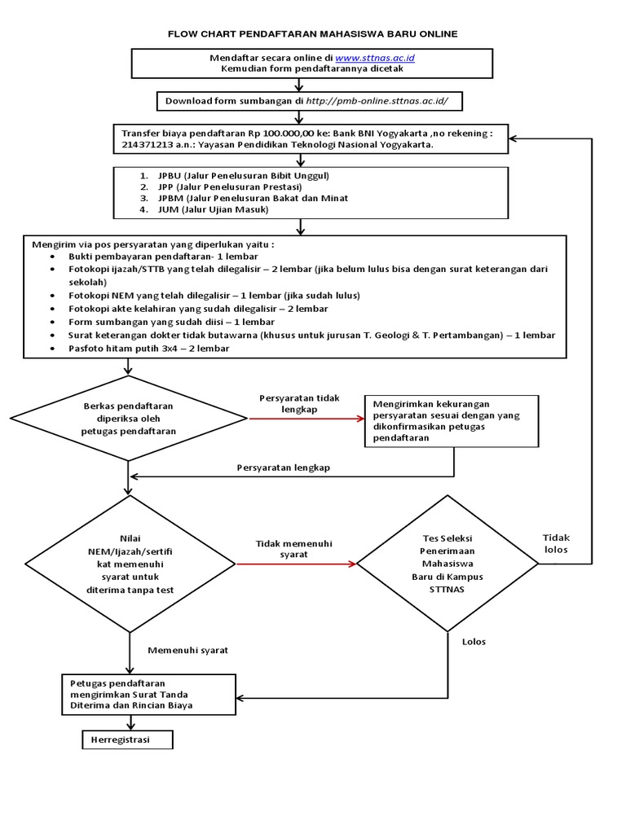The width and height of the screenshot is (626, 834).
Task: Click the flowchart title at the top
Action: pyautogui.click(x=312, y=33)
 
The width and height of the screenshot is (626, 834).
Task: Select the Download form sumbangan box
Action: pyautogui.click(x=313, y=100)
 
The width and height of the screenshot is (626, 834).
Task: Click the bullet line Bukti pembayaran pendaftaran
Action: pyautogui.click(x=158, y=256)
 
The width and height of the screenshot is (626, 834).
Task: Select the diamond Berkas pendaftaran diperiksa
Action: pyautogui.click(x=129, y=419)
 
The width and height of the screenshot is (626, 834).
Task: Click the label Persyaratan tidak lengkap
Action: pyautogui.click(x=299, y=403)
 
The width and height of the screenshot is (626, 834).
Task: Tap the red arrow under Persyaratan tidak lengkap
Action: pyautogui.click(x=306, y=419)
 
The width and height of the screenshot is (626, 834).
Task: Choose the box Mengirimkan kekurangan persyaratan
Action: pyautogui.click(x=451, y=420)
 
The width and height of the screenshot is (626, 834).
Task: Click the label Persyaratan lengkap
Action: pyautogui.click(x=284, y=467)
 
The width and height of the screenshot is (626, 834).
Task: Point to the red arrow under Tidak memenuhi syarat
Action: pyautogui.click(x=300, y=564)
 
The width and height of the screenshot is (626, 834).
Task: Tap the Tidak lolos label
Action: pyautogui.click(x=556, y=543)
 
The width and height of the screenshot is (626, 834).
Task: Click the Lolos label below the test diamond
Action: pyautogui.click(x=474, y=641)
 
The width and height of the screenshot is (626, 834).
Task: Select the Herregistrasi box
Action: pyautogui.click(x=127, y=739)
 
